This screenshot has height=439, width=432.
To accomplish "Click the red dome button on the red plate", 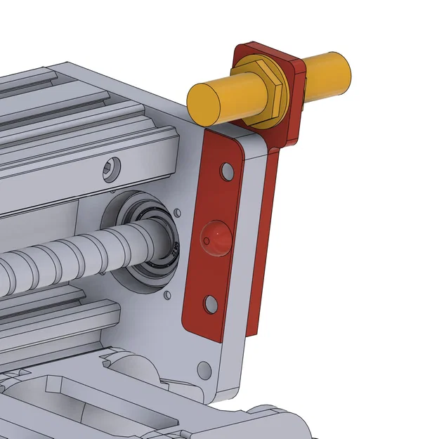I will pos(216,237).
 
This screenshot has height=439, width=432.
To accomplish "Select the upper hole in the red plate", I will pos(227,171).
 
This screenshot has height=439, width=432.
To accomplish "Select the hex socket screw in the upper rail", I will pos(112,169).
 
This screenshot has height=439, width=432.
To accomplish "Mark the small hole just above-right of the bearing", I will pos(178,211).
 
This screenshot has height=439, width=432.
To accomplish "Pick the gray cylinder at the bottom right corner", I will pos(281,421).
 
